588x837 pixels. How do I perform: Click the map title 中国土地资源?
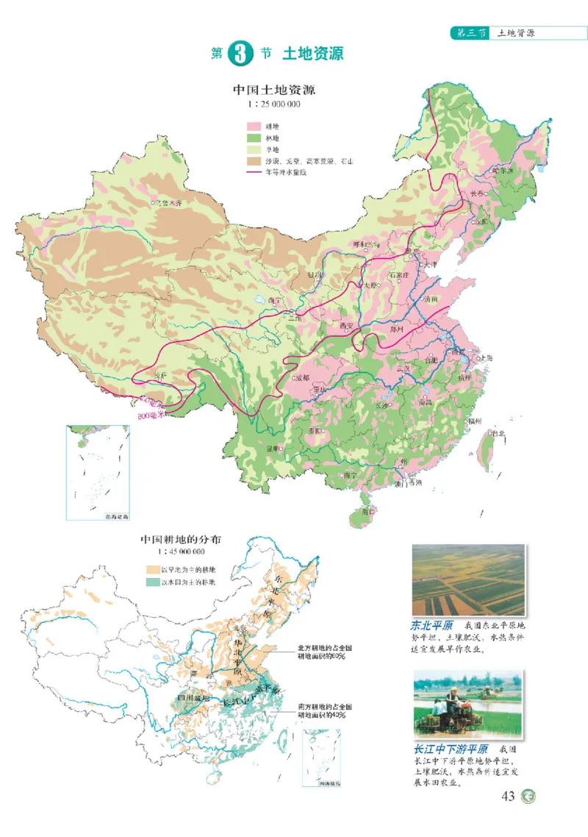(274, 90)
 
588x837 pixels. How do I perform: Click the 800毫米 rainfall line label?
(152, 414)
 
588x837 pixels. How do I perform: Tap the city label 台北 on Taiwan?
(498, 433)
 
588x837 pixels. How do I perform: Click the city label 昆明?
(273, 447)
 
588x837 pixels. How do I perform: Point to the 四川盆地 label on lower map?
(193, 697)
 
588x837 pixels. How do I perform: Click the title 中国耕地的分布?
(181, 538)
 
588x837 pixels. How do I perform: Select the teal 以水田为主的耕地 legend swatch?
(153, 582)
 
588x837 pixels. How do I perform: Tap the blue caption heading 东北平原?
(429, 627)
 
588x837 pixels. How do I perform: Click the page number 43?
(507, 797)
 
